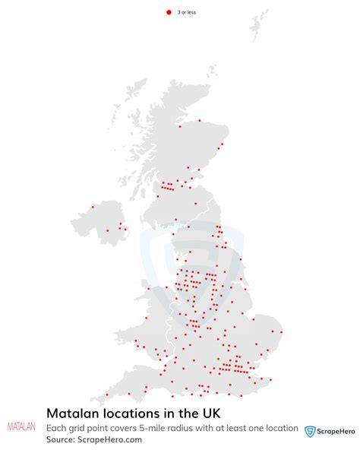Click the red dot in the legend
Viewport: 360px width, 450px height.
click(169, 13)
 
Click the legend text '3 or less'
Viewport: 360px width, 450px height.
click(186, 13)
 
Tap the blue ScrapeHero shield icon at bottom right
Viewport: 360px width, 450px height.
click(310, 431)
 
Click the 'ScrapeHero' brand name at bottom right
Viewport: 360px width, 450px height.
click(335, 431)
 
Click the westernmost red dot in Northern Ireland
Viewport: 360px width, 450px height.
click(93, 206)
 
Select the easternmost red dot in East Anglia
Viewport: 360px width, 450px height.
click(282, 331)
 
